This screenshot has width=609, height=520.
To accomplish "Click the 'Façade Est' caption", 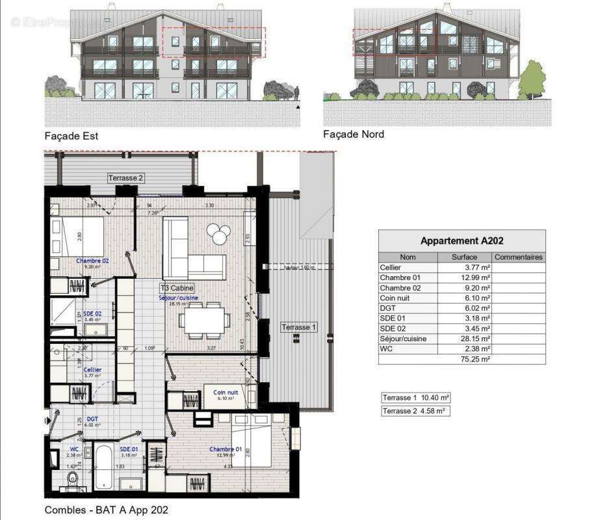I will pos(71,136).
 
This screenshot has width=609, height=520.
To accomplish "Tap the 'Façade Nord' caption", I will pos(354,135).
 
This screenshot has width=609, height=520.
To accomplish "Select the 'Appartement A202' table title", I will pos(461,240).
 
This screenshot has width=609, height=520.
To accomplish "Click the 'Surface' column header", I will pos(465,257).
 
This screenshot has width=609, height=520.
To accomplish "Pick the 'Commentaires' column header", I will pos(519,257).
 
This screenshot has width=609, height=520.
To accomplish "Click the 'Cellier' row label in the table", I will pos(391,268).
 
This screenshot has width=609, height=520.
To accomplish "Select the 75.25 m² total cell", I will pos(475,359).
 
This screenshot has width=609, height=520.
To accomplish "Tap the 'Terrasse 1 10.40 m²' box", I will pos(416,398).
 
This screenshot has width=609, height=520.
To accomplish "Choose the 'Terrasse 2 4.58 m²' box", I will pos(416,411).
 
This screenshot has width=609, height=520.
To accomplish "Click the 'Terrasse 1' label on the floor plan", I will pos(298,328).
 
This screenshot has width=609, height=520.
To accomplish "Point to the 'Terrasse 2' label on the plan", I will pos(125,178).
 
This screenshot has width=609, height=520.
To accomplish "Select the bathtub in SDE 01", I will pos(105,467).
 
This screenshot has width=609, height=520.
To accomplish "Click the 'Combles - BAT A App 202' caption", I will pos(106,510).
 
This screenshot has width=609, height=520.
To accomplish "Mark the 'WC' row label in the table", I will pos(385,349).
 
